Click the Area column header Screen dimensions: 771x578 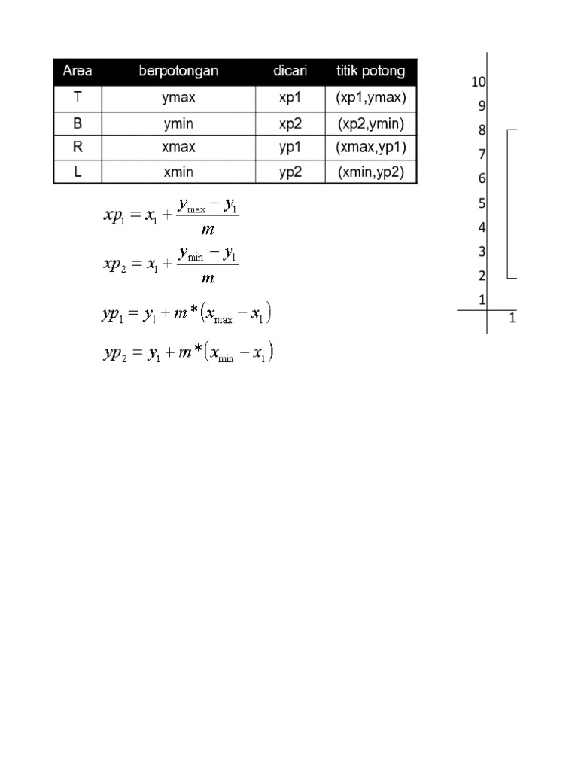pyautogui.click(x=78, y=72)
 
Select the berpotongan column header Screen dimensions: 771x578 pyautogui.click(x=178, y=72)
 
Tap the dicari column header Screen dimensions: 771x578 pyautogui.click(x=291, y=72)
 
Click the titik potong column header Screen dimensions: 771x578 pyautogui.click(x=370, y=72)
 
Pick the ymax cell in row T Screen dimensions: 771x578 pyautogui.click(x=178, y=98)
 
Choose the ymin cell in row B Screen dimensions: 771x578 pyautogui.click(x=178, y=123)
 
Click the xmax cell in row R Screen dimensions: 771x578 pyautogui.click(x=178, y=148)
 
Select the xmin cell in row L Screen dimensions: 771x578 pyautogui.click(x=178, y=172)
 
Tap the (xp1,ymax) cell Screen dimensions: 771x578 pyautogui.click(x=370, y=98)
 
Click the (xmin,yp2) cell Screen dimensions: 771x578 pyautogui.click(x=370, y=172)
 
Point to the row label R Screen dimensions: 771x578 pyautogui.click(x=78, y=148)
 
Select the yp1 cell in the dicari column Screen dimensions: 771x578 pyautogui.click(x=291, y=148)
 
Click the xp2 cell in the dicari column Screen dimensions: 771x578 pyautogui.click(x=291, y=123)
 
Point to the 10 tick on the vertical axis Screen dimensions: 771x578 pyautogui.click(x=479, y=82)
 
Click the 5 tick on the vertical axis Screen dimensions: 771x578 pyautogui.click(x=482, y=203)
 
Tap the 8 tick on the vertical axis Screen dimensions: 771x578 pyautogui.click(x=482, y=130)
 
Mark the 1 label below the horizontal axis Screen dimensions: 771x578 pyautogui.click(x=513, y=318)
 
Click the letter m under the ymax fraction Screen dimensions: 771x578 pyautogui.click(x=208, y=230)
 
